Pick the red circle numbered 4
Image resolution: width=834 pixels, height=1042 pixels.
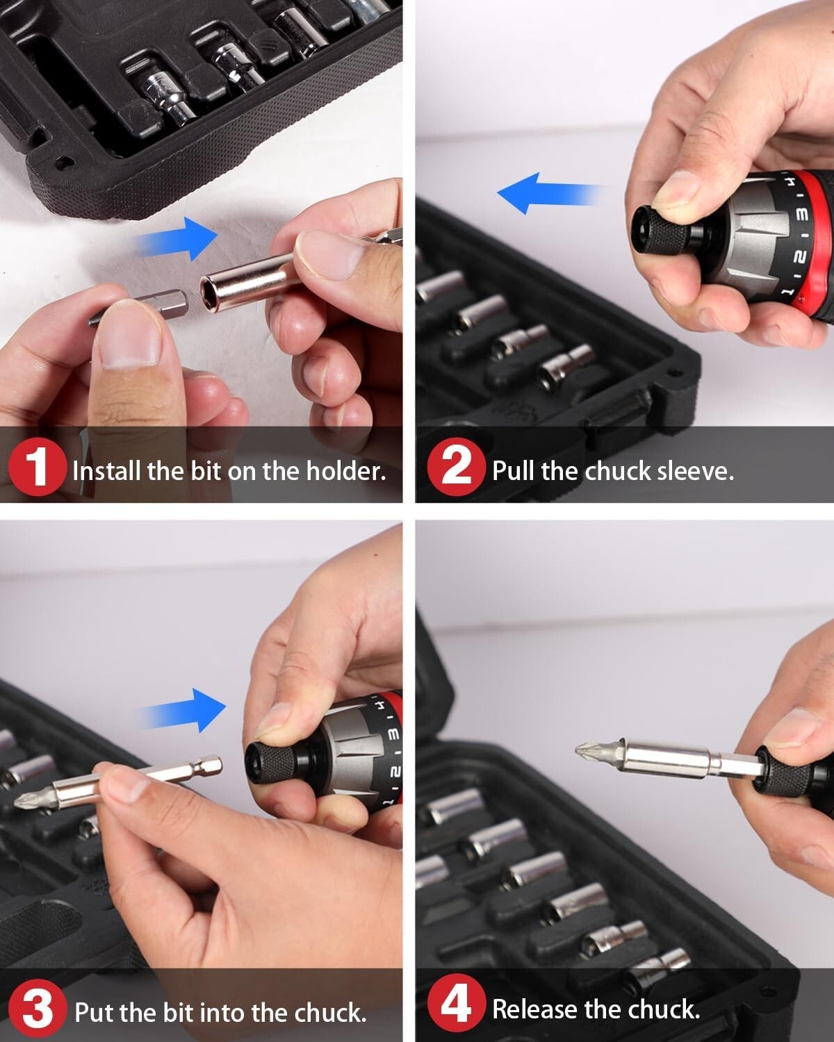click(x=455, y=1007)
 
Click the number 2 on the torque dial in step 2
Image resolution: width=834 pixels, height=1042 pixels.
click(x=801, y=257)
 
